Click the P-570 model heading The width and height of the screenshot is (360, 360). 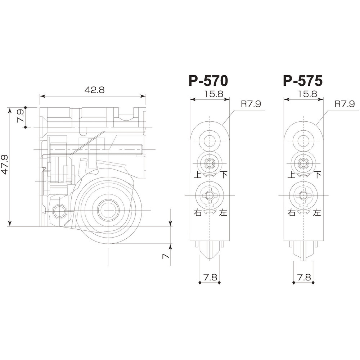click(208, 81)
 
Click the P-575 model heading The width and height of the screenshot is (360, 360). click(303, 81)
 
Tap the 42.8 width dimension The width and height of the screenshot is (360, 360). click(95, 90)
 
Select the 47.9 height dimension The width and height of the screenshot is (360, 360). click(5, 165)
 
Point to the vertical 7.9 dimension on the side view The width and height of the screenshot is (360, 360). click(21, 116)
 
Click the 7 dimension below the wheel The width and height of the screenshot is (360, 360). click(166, 256)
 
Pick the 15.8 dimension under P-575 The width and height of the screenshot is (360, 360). click(308, 94)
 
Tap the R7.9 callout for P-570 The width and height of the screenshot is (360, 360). click(251, 104)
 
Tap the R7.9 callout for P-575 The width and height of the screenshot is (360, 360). click(345, 104)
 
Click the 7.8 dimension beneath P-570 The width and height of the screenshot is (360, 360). click(210, 277)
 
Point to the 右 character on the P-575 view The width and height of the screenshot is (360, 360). click(292, 212)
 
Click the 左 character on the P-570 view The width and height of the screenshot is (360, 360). click(223, 212)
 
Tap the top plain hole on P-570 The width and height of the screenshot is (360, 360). click(209, 140)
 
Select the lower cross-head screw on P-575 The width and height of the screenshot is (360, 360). click(303, 195)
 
